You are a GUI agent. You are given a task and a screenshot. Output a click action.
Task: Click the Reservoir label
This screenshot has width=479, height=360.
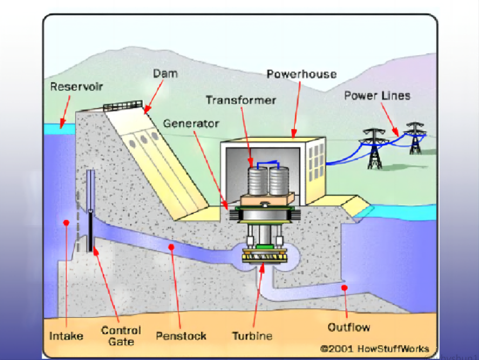coord(76,87)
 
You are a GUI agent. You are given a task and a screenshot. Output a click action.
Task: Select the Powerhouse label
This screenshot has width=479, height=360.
coord(301,74)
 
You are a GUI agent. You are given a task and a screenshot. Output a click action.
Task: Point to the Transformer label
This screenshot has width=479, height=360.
coord(240,100)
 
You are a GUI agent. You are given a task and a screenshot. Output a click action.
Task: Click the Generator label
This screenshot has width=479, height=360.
coord(191,124)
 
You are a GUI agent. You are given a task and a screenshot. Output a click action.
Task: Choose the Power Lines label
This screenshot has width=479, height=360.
coord(377,95)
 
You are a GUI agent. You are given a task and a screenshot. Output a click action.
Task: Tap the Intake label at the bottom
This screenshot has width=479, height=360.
coord(66,336)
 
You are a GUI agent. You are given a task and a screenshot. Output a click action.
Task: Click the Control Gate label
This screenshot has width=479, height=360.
coord(121,335)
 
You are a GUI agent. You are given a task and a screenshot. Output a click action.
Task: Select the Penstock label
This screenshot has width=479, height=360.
coord(181,336)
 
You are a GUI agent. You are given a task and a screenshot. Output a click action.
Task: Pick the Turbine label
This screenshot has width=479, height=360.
coord(252,336)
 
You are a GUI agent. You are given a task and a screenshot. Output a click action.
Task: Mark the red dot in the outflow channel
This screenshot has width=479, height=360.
coord(345,288)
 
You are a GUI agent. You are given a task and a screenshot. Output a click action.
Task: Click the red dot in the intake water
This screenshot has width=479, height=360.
coord(67,223)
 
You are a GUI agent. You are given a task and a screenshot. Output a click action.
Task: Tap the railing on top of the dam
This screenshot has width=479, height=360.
coord(123,106)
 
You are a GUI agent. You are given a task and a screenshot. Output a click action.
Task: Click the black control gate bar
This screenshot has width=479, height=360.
coord(90,232)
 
